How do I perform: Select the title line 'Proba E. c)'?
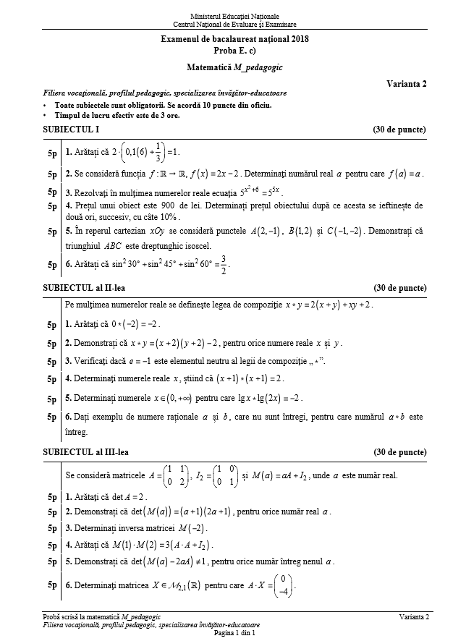(234, 51)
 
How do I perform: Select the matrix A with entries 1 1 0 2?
(171, 476)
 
